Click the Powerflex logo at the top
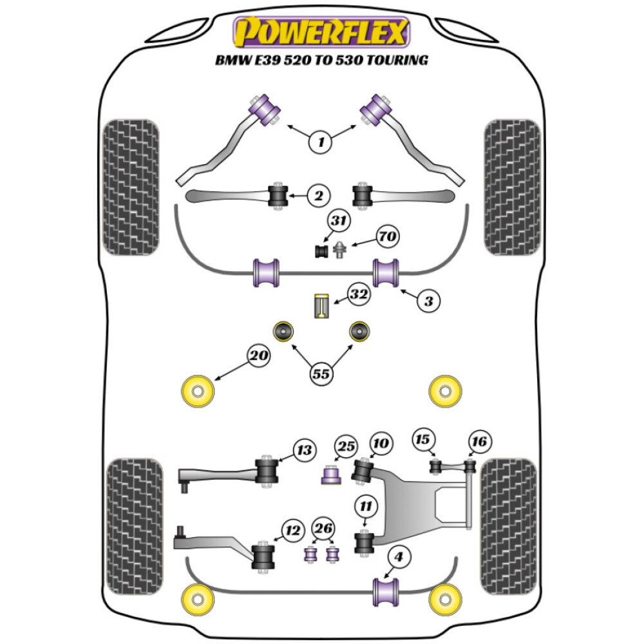coord(321,33)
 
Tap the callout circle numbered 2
coord(318,195)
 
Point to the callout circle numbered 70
coord(386,237)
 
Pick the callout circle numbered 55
coord(321,372)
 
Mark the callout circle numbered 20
coord(259,355)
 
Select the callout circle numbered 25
coord(345,446)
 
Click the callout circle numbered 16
coord(479,441)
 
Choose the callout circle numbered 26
coord(323,529)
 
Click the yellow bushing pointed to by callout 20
coord(198,391)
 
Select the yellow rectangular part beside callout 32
coord(321,305)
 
